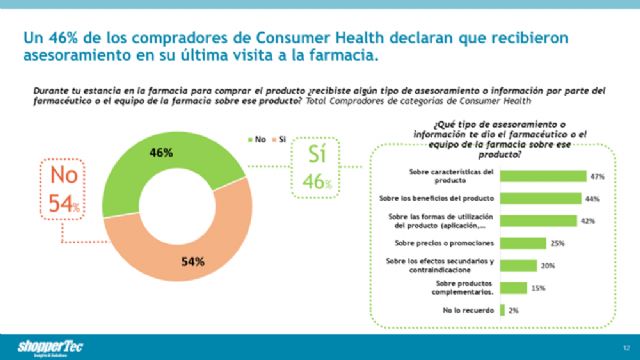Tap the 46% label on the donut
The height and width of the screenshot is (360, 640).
pyautogui.click(x=161, y=153)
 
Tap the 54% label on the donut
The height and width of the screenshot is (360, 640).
pyautogui.click(x=194, y=262)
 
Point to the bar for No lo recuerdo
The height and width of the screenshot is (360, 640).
pyautogui.click(x=503, y=311)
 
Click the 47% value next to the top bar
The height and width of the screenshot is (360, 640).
pyautogui.click(x=599, y=176)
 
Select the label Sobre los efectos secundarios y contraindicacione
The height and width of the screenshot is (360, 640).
pyautogui.click(x=452, y=265)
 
